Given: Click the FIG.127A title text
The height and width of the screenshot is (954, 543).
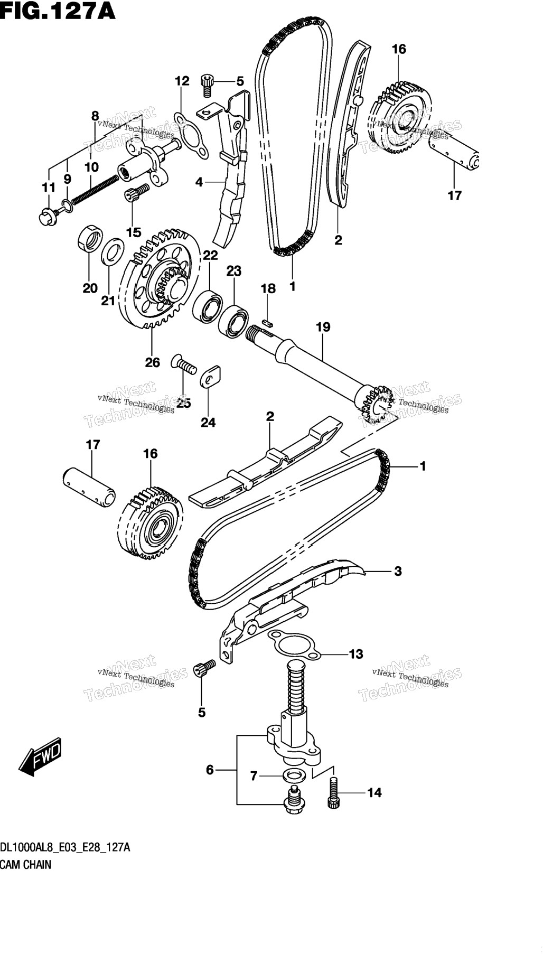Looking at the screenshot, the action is click(x=58, y=11).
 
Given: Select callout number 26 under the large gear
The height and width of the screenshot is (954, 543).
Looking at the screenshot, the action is click(x=153, y=362).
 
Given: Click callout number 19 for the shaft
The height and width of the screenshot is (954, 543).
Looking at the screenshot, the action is click(x=323, y=327).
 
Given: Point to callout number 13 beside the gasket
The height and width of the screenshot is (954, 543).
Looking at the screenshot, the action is click(x=356, y=654).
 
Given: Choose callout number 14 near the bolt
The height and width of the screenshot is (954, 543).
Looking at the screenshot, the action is click(x=375, y=792).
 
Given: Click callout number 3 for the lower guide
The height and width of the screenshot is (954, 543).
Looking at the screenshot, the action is click(x=398, y=571).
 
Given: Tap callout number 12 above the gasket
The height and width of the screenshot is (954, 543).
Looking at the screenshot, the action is click(x=182, y=81).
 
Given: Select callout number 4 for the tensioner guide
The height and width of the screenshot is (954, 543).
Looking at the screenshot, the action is click(x=199, y=182).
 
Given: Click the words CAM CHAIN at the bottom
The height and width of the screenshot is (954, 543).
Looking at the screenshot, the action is click(x=26, y=865).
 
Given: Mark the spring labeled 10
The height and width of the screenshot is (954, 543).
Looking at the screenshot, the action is click(x=95, y=190).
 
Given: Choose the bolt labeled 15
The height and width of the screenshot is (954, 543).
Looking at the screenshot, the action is click(x=133, y=195).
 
